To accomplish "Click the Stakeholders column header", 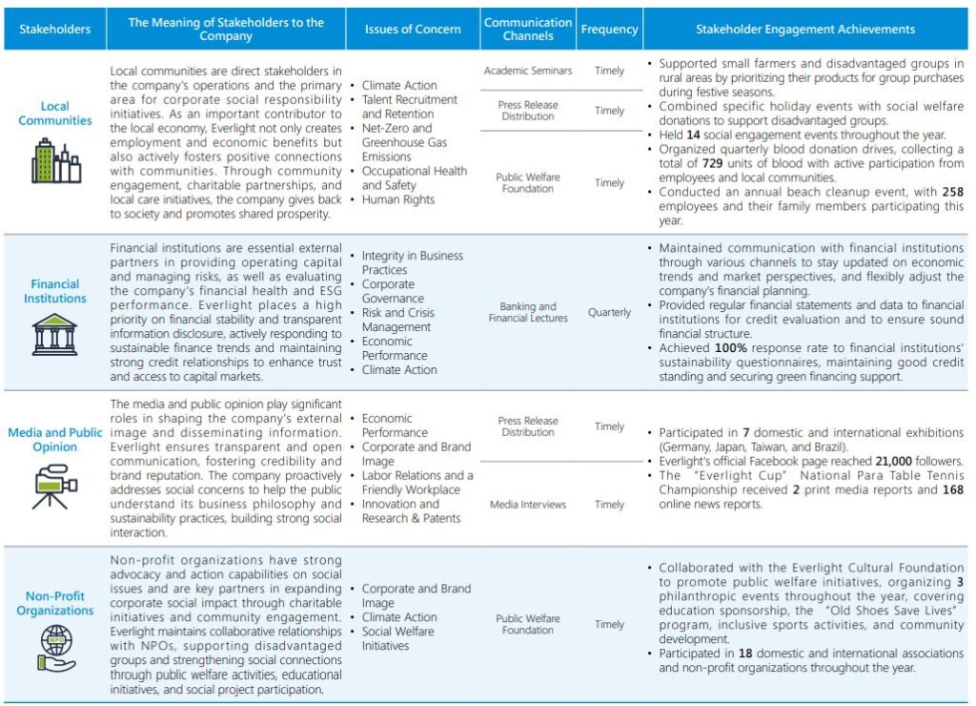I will click(x=54, y=30).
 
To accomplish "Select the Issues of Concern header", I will click(x=413, y=30).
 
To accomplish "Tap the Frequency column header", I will click(x=609, y=30).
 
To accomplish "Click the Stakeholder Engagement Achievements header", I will click(x=804, y=30).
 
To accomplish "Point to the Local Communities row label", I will click(x=54, y=114).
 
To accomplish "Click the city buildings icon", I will click(x=55, y=160).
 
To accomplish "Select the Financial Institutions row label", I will click(x=54, y=291).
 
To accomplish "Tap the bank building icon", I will click(x=54, y=336).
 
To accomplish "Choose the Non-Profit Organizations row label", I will click(x=54, y=603).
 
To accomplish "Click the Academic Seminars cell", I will click(x=528, y=71).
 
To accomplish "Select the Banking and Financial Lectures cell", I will click(x=528, y=312).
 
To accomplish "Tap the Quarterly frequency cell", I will click(x=609, y=312).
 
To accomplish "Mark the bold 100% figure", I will click(x=731, y=348).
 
